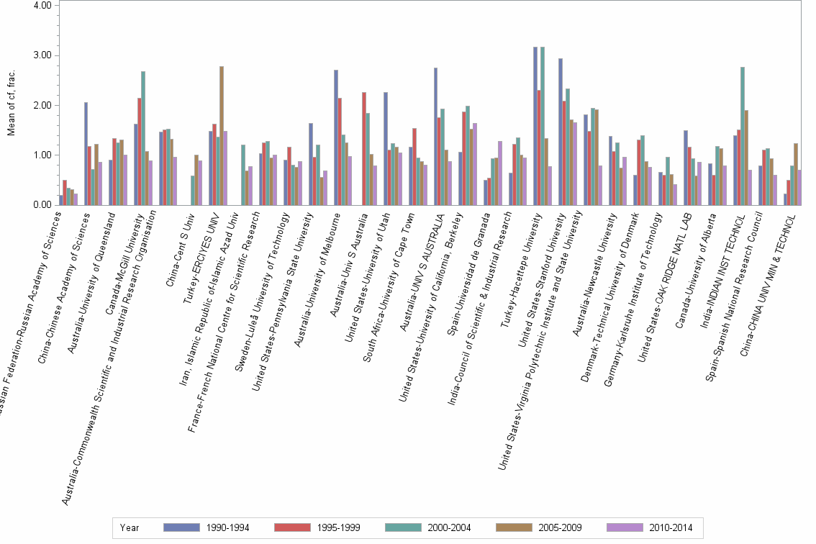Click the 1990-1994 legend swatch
point(181,527)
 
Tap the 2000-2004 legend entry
point(404,527)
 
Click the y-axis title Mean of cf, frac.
point(11,105)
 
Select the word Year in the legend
point(130,528)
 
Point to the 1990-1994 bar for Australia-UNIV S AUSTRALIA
point(435,136)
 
